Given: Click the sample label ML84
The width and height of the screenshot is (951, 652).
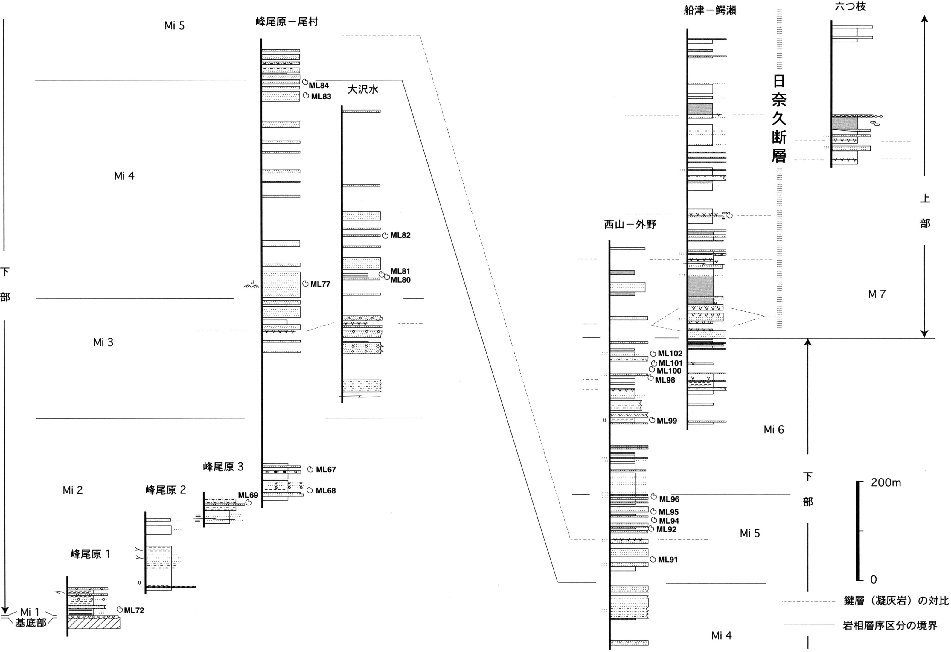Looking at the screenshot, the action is [319, 86].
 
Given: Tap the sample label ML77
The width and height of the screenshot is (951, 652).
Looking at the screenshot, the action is [320, 284].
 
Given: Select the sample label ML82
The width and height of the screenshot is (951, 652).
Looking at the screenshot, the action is [400, 235].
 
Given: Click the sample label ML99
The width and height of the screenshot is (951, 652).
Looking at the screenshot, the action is [667, 421].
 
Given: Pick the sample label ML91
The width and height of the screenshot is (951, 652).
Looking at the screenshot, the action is [667, 560].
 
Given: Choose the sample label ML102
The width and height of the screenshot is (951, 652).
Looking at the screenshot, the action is [670, 354].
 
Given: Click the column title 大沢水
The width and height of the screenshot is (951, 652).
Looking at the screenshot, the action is [363, 90].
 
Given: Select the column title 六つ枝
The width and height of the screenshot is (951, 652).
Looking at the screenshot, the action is [851, 6].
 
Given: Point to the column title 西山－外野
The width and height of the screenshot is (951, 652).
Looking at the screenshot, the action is [630, 224].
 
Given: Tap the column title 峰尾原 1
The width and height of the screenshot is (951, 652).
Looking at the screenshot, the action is [90, 554].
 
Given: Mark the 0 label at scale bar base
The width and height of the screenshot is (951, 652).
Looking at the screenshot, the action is [873, 580].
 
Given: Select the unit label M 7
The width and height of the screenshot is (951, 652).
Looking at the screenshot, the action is [877, 294].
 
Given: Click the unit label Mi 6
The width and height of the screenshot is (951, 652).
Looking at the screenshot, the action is [774, 429].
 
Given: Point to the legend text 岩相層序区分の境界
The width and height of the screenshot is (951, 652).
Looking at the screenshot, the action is [890, 625].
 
